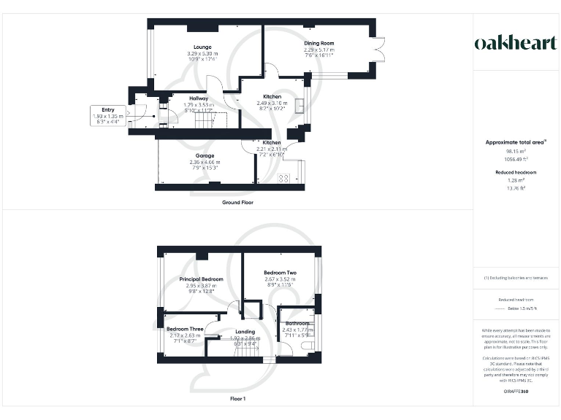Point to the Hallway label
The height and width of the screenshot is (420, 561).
199,98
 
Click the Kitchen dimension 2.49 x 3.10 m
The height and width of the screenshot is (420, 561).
272,104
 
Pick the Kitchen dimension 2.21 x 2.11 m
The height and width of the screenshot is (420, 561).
272,149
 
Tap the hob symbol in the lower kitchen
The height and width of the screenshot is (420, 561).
283,177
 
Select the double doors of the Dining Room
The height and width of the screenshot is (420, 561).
378,49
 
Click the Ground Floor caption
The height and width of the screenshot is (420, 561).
238,202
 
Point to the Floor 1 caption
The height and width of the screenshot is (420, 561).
238,399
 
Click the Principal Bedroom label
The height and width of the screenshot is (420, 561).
201,279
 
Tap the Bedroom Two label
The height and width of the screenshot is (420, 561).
279,273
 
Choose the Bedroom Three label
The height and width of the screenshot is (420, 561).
184,330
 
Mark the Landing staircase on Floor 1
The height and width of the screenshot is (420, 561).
247,352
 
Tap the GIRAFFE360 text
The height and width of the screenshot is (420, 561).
516,392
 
